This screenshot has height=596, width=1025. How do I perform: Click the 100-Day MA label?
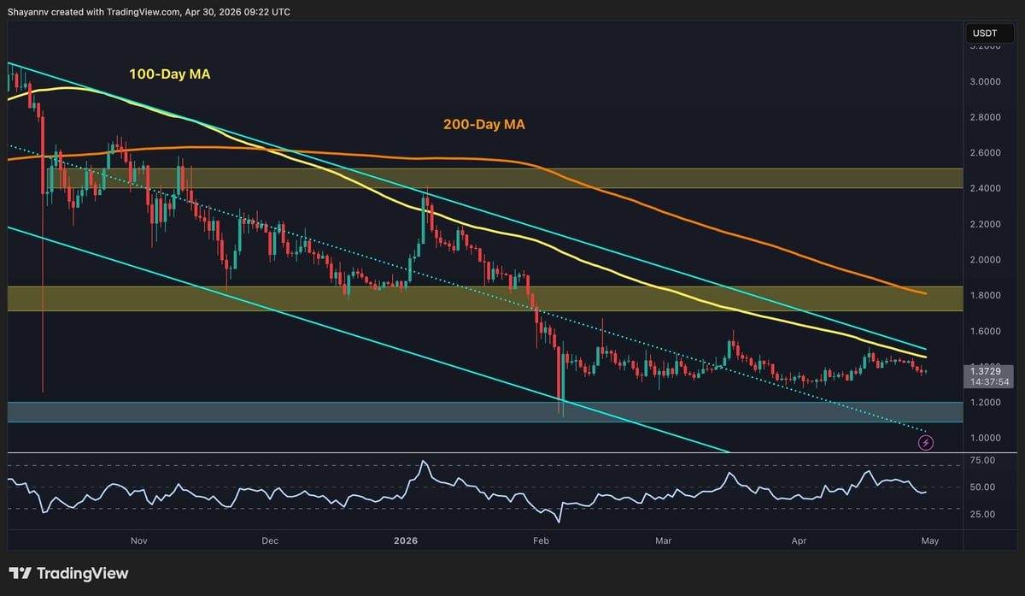point(169,75)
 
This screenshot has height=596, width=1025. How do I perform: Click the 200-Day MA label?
point(483,125)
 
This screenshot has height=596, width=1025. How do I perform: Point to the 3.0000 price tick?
point(986,81)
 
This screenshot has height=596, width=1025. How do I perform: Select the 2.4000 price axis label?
point(986,188)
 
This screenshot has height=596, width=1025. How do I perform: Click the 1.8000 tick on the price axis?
point(986,295)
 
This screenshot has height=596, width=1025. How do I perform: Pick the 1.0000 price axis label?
point(986,438)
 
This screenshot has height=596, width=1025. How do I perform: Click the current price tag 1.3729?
point(986,369)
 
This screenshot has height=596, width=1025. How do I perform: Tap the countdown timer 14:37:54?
point(986,381)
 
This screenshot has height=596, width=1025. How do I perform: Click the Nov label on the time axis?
point(140,540)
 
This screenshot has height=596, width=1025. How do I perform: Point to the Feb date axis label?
point(540,540)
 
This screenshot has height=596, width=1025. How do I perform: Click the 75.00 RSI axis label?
point(983,460)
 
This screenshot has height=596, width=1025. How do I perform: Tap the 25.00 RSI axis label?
point(983,514)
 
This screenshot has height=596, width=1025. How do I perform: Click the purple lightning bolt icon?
point(926,442)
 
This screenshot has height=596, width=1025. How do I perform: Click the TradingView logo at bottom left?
point(68,573)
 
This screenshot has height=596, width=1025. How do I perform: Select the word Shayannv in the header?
point(31,12)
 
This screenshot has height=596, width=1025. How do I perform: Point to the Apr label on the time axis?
point(799,540)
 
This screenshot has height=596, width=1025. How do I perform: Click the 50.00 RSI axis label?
point(983,487)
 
